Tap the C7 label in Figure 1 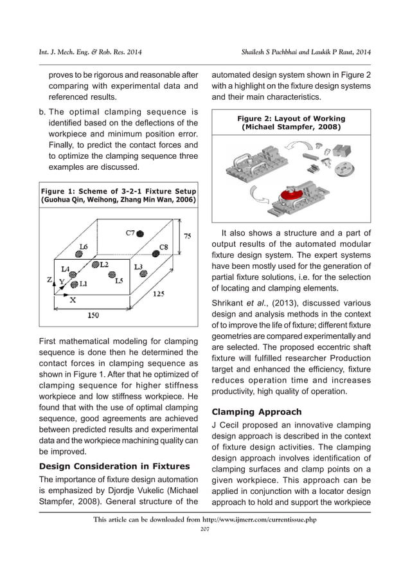[x=130, y=232]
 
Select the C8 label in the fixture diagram [x=164, y=246]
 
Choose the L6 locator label [x=84, y=246]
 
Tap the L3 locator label [x=138, y=266]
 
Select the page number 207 [x=205, y=529]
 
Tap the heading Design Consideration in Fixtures [x=105, y=466]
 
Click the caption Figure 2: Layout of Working [x=291, y=118]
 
